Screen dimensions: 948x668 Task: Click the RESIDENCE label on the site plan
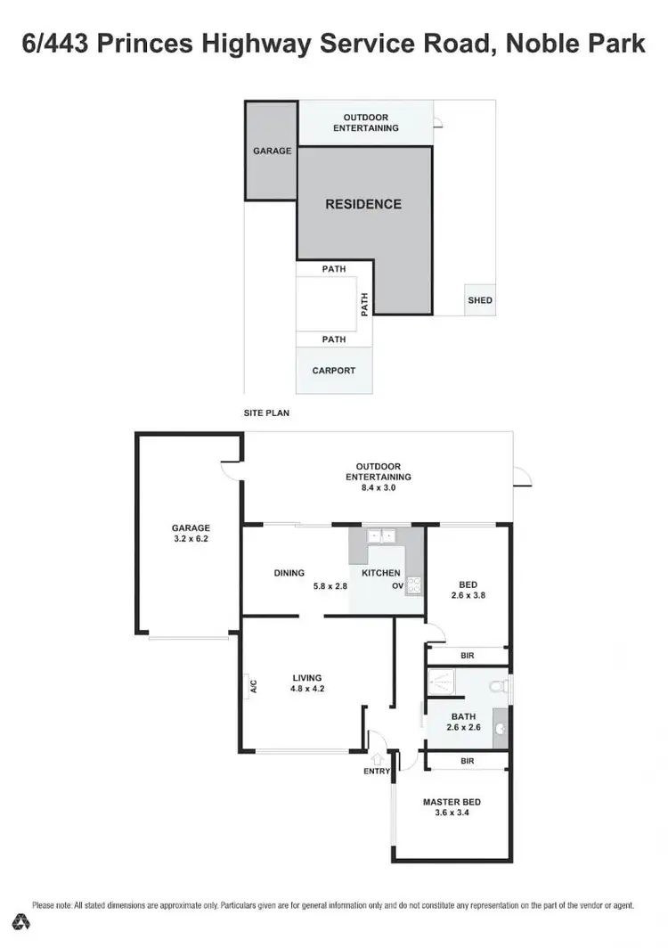click(x=363, y=204)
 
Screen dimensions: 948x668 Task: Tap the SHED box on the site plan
click(x=479, y=300)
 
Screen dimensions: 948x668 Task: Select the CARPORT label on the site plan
click(x=334, y=371)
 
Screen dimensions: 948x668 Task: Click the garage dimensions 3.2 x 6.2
click(x=191, y=539)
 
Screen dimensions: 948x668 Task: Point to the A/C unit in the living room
click(x=252, y=686)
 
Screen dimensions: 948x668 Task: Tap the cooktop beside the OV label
click(x=414, y=585)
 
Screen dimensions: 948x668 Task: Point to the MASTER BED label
click(x=452, y=802)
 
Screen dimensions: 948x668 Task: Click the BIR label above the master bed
click(x=467, y=762)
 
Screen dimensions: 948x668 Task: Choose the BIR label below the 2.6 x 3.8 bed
click(x=468, y=656)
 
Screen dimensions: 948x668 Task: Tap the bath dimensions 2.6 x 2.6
click(x=463, y=727)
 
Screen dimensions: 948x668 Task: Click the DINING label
click(x=289, y=573)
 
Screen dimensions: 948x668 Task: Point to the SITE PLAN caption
click(x=266, y=413)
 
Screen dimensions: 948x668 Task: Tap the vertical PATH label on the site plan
click(x=364, y=306)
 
